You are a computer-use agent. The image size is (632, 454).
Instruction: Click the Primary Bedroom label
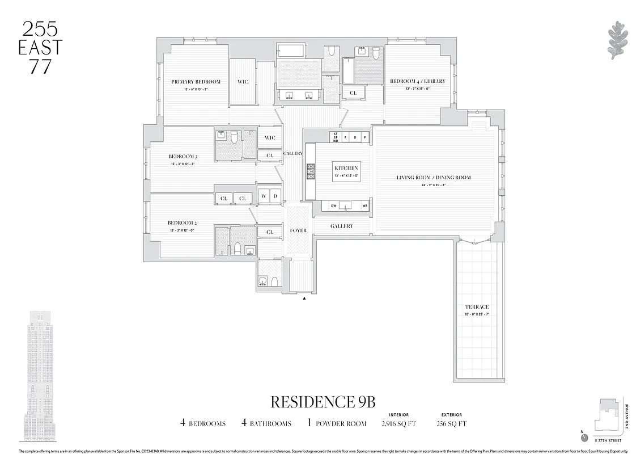[x=196, y=82]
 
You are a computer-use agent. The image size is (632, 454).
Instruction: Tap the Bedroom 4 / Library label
[x=417, y=81]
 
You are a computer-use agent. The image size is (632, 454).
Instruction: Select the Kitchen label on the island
[x=346, y=169]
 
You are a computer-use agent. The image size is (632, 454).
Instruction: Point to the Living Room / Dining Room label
[x=434, y=178]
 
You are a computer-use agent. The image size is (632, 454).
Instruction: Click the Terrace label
[x=477, y=307]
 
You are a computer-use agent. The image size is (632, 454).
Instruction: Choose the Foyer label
[x=298, y=230]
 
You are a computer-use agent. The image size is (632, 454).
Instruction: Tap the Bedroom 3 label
[x=183, y=157]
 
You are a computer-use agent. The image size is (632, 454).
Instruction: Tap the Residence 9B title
[x=323, y=402]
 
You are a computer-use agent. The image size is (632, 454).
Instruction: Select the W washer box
[x=264, y=196]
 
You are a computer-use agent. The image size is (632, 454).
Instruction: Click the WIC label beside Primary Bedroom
[x=243, y=82]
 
